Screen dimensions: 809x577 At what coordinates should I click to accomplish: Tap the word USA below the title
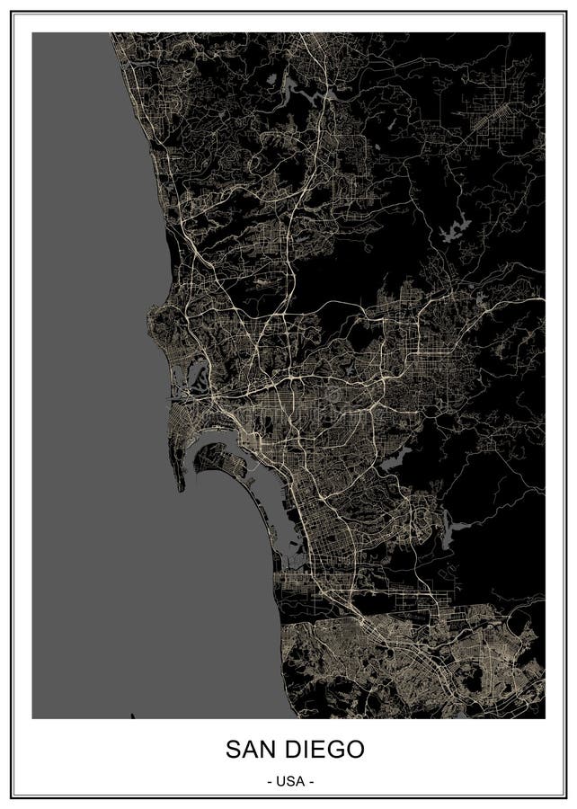[289, 780]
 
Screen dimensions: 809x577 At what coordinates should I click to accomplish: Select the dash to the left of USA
[271, 780]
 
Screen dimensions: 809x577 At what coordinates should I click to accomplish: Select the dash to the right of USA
[310, 780]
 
